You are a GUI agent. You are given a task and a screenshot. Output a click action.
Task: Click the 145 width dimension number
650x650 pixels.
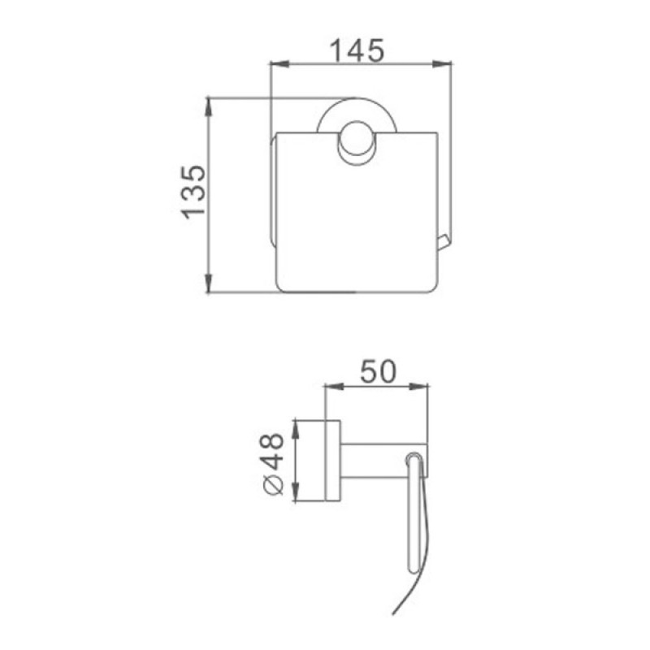[x=357, y=50]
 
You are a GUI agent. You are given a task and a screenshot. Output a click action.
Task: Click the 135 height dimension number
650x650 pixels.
[x=193, y=193]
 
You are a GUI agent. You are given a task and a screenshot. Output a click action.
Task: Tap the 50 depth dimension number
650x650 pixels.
[x=378, y=371]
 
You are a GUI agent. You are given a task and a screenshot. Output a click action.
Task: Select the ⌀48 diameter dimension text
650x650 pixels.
[x=273, y=464]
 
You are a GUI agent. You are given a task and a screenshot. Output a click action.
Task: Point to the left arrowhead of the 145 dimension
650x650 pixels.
[x=279, y=64]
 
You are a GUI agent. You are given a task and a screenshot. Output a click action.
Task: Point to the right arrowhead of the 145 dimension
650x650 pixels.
[x=442, y=64]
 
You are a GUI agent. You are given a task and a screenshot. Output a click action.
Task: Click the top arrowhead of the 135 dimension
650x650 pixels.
[x=209, y=107]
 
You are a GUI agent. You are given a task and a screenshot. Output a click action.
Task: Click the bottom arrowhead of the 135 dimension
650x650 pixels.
[x=209, y=284]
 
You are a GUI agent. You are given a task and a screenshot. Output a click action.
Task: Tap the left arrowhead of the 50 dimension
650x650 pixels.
[x=334, y=387]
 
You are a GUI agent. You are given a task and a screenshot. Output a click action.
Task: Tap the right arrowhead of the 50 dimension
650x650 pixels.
[x=418, y=387]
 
